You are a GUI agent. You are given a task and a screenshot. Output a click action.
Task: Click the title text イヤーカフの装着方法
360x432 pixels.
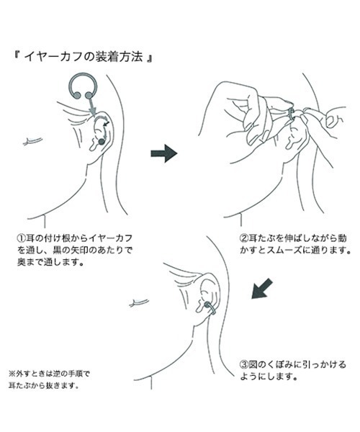pos(84,57)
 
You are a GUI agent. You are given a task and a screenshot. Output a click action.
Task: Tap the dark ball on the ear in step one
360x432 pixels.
pos(102,142)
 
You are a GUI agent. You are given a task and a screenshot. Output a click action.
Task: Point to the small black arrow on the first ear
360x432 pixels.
pos(107,125)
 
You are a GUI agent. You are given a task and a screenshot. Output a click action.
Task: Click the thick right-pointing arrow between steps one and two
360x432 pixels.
pos(164,153)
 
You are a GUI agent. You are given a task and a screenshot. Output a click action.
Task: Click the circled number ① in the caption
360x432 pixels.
pos(22,238)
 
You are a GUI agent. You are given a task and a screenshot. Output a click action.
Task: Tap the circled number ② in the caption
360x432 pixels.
pos(244,238)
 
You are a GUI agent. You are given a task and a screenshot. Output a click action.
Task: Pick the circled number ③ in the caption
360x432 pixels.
pos(244,365)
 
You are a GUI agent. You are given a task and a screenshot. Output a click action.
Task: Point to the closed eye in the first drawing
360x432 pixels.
pos(32,141)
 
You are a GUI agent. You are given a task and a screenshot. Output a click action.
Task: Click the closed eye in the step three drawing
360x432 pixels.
pos(140,302)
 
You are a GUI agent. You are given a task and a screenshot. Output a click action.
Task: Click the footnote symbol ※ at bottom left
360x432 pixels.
pos(12,374)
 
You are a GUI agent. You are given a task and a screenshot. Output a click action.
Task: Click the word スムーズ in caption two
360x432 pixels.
pos(282,251)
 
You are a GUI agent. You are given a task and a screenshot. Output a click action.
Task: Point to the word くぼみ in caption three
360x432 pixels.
pos(282,365)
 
